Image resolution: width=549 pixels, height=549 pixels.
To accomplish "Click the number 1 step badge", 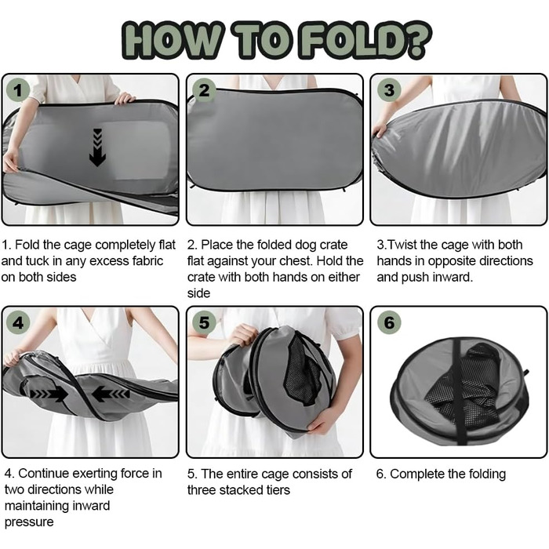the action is (x=17, y=90).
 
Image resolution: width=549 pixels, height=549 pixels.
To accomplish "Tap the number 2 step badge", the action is (x=204, y=90).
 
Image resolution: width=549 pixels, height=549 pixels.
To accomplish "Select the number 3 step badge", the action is (x=389, y=90).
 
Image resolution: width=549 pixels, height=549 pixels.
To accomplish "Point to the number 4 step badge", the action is (x=17, y=322).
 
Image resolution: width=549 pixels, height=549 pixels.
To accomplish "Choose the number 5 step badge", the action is (x=204, y=322).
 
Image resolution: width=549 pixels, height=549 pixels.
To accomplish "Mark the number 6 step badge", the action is (x=389, y=322).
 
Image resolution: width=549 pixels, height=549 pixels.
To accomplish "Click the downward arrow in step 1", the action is (x=97, y=147).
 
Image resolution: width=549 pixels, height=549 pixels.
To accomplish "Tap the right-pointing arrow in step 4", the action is (x=49, y=394).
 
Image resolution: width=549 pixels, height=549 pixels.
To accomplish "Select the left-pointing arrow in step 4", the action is (x=111, y=394).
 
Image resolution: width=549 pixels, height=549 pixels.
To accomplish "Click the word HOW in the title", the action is (x=173, y=40).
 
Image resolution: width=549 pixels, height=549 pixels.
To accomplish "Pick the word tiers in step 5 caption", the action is (x=278, y=489).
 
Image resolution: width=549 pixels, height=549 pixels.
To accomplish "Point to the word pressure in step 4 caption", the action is (x=29, y=522).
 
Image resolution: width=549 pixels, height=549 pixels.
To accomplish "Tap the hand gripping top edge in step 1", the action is (x=124, y=98).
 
